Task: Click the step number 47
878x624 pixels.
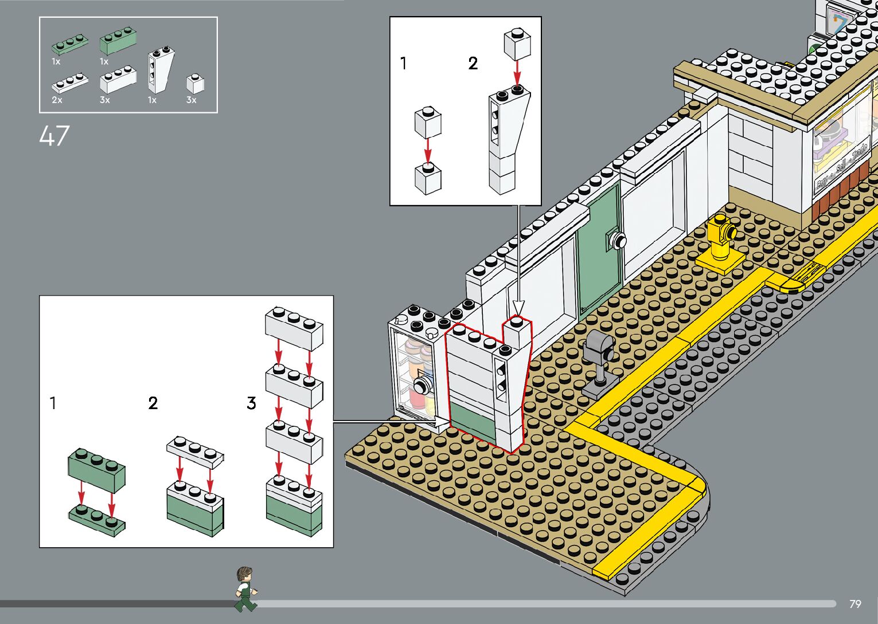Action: click(54, 136)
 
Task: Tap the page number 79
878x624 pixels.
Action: click(855, 604)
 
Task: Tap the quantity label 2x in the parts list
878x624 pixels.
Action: click(57, 100)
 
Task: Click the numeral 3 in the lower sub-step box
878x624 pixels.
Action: click(251, 403)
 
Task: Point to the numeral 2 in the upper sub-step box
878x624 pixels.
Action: click(473, 63)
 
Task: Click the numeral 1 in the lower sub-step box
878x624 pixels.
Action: click(53, 403)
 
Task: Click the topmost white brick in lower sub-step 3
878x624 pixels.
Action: click(294, 328)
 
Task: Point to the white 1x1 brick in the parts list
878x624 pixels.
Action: click(195, 85)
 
